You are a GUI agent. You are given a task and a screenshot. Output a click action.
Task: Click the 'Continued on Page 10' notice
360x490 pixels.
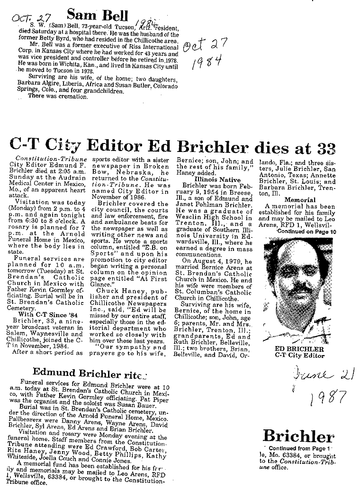pos(306,232)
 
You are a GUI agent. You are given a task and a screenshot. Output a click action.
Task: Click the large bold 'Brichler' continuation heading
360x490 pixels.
pos(298,436)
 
